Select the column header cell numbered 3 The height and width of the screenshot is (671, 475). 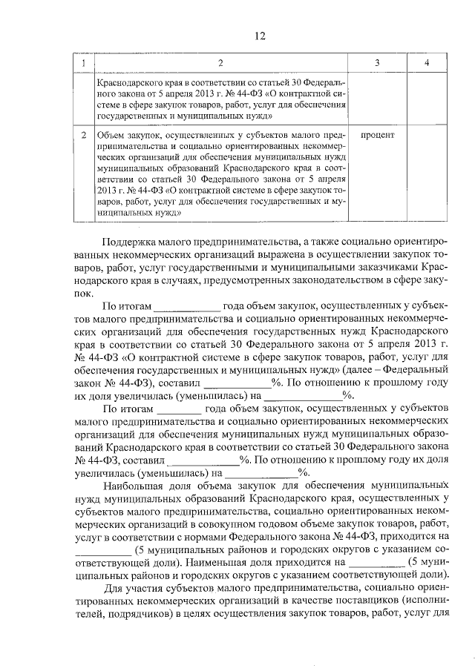(x=377, y=63)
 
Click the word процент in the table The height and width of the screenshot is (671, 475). (x=377, y=136)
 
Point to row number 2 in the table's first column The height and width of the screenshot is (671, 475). (x=85, y=136)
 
